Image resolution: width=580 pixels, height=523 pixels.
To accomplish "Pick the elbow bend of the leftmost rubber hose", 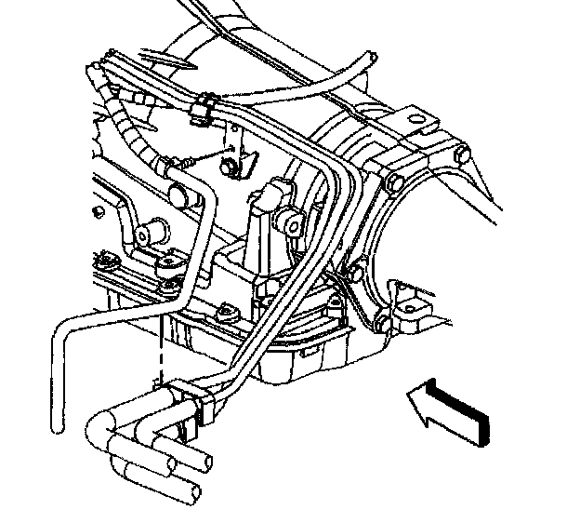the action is point(97,431).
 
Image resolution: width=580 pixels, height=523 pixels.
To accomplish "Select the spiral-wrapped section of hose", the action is point(130,130).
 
